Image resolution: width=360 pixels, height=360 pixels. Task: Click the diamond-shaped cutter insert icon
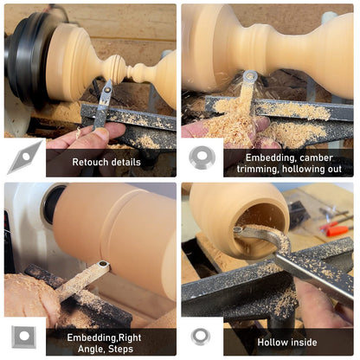point(25,157)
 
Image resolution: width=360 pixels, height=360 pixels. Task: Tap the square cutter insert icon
point(24,337)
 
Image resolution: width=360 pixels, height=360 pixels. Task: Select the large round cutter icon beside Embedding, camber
point(202,157)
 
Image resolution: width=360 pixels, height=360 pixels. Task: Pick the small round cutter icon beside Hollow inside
point(201,337)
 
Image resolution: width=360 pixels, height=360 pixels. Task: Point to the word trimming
point(258,170)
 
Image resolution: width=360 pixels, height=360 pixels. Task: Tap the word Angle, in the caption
point(92,350)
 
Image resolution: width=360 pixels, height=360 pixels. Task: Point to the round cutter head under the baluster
point(250,77)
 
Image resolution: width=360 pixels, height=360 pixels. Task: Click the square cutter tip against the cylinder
point(102,265)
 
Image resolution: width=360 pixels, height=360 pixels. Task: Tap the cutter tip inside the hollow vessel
point(238,230)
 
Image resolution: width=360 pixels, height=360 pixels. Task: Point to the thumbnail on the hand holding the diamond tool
point(101,134)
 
